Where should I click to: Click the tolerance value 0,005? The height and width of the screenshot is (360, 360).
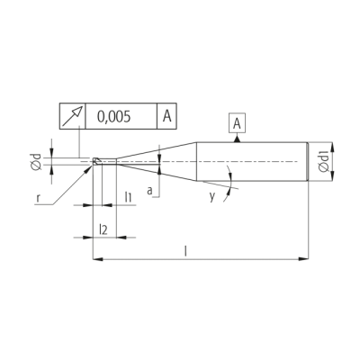(114, 116)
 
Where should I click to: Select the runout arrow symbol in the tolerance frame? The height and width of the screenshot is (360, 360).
(72, 116)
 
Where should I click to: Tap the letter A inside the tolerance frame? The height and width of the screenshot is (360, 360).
(166, 116)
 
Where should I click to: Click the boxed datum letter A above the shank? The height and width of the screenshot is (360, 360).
(237, 123)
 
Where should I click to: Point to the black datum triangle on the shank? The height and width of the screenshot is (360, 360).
(237, 139)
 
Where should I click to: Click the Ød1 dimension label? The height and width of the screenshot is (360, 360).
(324, 161)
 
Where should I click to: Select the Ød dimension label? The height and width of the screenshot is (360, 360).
(36, 162)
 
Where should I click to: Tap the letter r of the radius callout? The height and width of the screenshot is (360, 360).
(38, 198)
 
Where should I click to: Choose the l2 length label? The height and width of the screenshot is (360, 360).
(103, 229)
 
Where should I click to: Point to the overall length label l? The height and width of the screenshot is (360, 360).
(185, 251)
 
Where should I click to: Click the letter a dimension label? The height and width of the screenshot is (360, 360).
(149, 191)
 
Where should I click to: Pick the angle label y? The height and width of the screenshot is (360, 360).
(212, 196)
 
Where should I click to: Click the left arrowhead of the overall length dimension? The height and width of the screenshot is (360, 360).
(97, 258)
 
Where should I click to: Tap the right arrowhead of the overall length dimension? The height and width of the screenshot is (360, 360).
(303, 258)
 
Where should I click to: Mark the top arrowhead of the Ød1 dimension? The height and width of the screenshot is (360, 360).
(332, 148)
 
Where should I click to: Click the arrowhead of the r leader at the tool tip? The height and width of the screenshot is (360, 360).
(89, 167)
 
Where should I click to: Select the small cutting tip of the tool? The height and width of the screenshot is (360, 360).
(97, 161)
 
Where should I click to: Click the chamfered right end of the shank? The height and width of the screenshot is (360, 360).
(308, 161)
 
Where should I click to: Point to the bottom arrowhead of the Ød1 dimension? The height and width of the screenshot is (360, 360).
(332, 175)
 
